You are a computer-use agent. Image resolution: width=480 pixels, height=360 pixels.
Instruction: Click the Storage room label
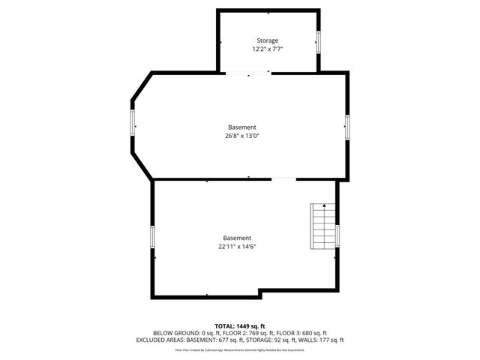[268, 40]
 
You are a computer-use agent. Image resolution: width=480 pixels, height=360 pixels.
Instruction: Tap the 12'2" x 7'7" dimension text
[268, 49]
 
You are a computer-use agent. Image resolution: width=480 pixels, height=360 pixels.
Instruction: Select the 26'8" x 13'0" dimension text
[241, 136]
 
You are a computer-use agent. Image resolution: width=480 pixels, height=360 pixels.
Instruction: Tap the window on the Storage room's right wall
[319, 42]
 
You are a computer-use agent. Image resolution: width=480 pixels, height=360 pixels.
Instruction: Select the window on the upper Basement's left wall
[133, 123]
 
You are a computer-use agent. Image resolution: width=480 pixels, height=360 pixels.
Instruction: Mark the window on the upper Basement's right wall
[347, 126]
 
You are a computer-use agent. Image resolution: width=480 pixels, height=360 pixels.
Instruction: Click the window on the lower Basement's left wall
[153, 238]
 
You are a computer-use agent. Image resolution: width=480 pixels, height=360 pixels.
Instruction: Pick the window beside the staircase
[337, 235]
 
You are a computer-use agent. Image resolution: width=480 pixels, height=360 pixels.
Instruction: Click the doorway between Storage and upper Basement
[247, 73]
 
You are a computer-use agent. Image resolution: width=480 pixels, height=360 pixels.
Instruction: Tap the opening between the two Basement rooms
[283, 179]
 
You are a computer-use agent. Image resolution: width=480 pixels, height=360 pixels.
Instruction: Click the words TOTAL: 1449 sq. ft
[240, 326]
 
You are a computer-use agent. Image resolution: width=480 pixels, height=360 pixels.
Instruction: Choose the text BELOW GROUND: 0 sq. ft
[178, 333]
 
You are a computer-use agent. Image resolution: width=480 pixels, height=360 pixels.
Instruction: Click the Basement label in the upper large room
[241, 127]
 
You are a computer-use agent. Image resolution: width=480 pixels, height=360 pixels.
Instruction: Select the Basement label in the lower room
[236, 238]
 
